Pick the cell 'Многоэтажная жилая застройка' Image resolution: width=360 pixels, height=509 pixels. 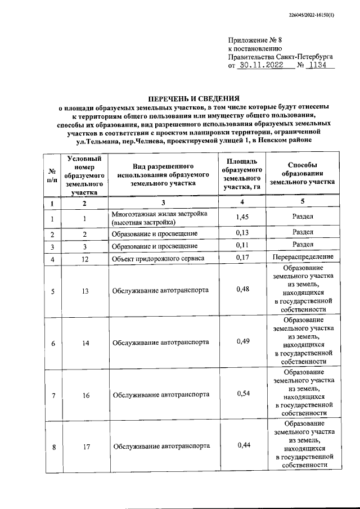click(160, 214)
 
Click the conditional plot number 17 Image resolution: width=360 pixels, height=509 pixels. click(85, 447)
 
